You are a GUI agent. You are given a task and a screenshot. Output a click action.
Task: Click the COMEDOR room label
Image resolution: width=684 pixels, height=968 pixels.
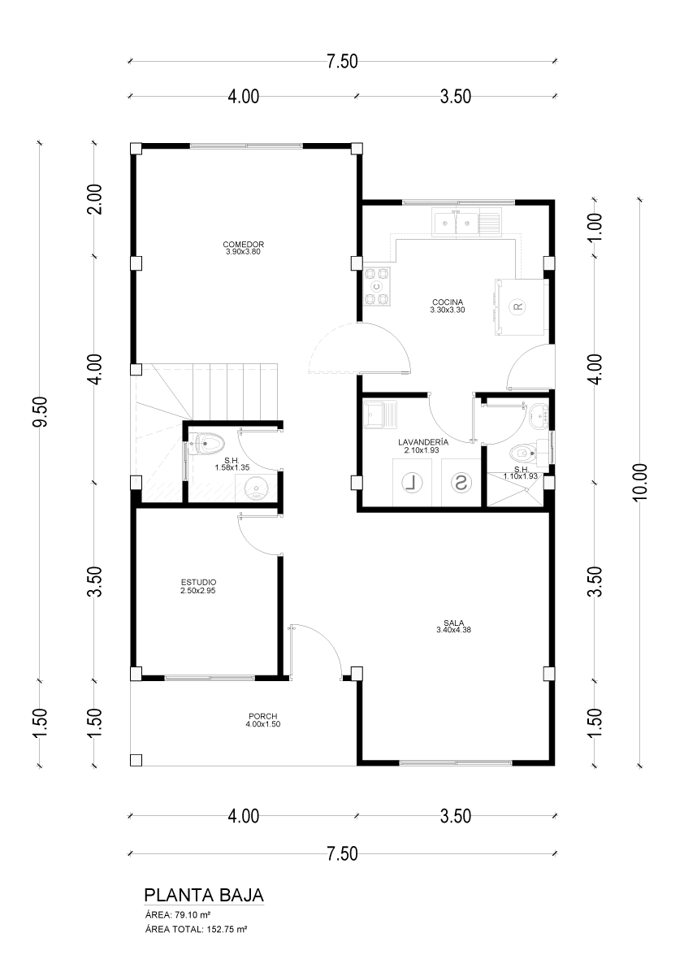pyautogui.click(x=244, y=245)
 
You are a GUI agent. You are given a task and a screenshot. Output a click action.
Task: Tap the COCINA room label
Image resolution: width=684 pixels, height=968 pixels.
pyautogui.click(x=447, y=302)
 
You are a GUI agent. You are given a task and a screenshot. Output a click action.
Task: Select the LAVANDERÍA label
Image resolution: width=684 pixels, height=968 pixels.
pyautogui.click(x=423, y=442)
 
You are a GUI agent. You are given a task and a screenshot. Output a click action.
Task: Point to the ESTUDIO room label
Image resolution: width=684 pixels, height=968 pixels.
pyautogui.click(x=198, y=582)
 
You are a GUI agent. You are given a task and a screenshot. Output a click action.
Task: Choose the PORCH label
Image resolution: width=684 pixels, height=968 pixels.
pyautogui.click(x=263, y=716)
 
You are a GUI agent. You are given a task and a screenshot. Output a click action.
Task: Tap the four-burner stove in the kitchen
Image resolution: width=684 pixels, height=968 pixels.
pyautogui.click(x=377, y=286)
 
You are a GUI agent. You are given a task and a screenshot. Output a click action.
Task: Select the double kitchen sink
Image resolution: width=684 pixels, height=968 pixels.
pyautogui.click(x=457, y=224)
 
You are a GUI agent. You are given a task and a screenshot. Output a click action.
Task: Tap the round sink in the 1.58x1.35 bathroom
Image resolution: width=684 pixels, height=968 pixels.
pyautogui.click(x=255, y=490)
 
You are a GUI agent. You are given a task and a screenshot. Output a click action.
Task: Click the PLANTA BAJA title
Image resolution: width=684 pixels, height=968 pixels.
pyautogui.click(x=204, y=895)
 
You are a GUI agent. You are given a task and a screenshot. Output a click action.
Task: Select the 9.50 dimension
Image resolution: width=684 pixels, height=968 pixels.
pyautogui.click(x=41, y=411)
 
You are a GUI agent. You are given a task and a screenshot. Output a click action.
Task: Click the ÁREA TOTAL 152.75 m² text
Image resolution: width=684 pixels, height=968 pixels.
pyautogui.click(x=196, y=928)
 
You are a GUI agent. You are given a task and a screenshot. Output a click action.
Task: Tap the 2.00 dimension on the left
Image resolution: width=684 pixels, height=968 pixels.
pyautogui.click(x=95, y=199)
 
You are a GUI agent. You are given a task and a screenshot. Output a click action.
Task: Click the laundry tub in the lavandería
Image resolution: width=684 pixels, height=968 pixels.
pyautogui.click(x=380, y=414)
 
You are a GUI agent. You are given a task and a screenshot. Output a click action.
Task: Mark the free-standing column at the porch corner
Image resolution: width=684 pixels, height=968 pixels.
pyautogui.click(x=136, y=760)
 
